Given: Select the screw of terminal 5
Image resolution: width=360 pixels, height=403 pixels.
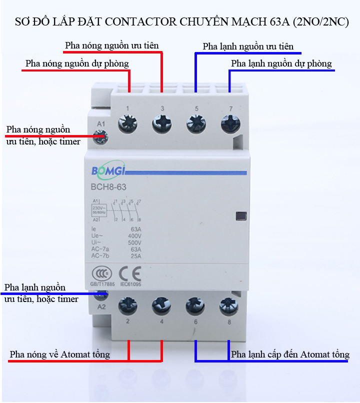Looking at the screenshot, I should (x=196, y=123).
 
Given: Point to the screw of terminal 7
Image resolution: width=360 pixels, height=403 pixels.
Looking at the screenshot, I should (x=229, y=123).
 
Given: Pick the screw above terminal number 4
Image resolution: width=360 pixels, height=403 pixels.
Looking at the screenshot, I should (x=162, y=304).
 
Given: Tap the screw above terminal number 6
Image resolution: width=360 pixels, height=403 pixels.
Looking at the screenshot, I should (x=195, y=304).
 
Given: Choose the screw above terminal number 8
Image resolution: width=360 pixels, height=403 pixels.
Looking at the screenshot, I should (x=229, y=304).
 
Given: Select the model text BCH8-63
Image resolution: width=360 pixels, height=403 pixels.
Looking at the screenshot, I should (x=108, y=188).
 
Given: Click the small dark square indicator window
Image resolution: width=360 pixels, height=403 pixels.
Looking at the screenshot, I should (x=241, y=216).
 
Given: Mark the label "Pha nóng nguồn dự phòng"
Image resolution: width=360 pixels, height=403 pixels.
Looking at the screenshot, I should (x=77, y=64).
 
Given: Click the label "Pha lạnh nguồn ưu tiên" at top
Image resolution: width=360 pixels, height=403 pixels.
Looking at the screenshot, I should (x=248, y=47).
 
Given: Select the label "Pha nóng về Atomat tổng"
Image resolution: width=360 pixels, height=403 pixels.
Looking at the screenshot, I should (x=60, y=354).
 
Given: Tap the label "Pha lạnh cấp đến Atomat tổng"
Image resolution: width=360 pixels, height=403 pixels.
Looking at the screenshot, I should (x=290, y=354).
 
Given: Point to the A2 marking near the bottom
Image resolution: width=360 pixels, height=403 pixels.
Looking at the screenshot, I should (x=102, y=306).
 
